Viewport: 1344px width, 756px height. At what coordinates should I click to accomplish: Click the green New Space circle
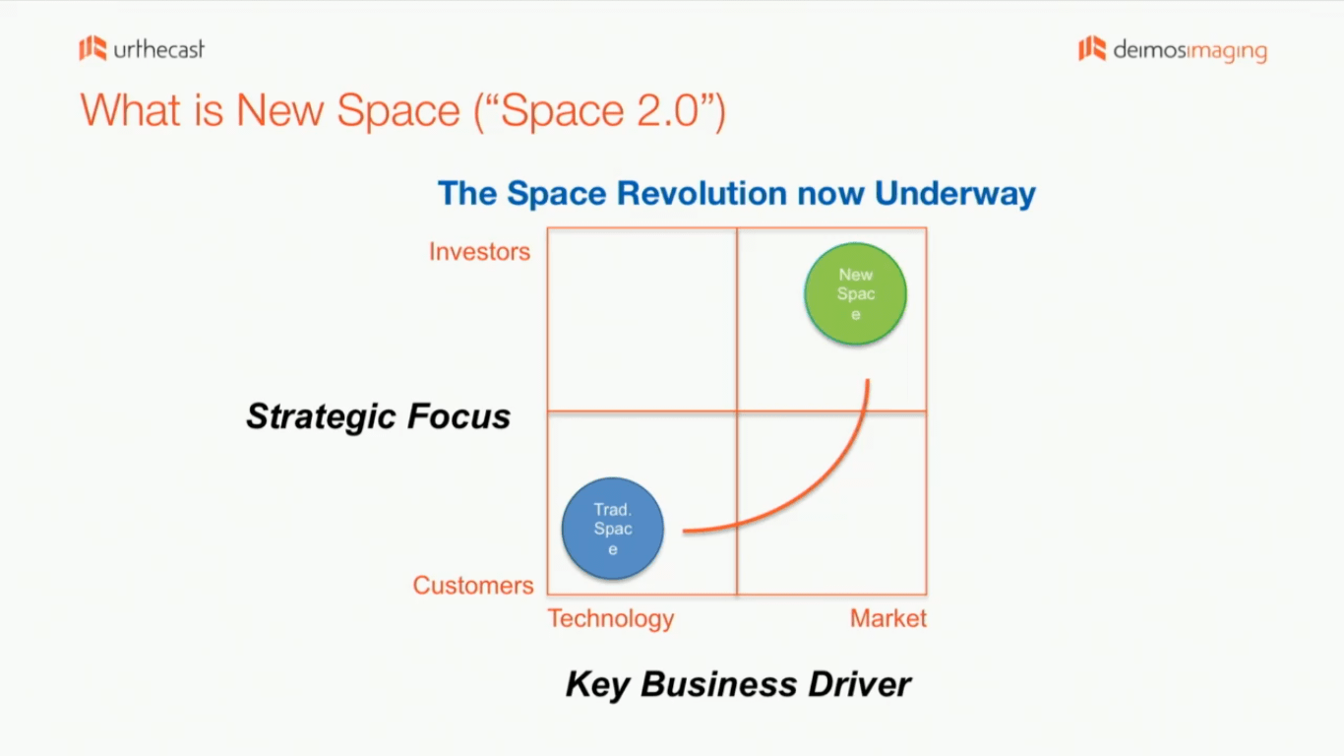pyautogui.click(x=856, y=293)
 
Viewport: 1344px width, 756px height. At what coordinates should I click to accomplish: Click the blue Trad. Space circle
pyautogui.click(x=613, y=529)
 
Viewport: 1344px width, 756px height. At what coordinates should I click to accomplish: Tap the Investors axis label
pyautogui.click(x=479, y=252)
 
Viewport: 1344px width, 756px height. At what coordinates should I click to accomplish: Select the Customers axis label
pyautogui.click(x=473, y=585)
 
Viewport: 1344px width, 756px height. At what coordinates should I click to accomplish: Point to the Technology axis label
pyautogui.click(x=611, y=619)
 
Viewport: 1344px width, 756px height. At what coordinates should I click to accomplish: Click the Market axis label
pyautogui.click(x=888, y=618)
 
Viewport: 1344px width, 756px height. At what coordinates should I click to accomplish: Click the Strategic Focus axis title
pyautogui.click(x=378, y=416)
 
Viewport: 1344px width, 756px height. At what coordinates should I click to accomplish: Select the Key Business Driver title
pyautogui.click(x=738, y=684)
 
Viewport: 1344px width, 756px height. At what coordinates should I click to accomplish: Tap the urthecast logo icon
pyautogui.click(x=93, y=48)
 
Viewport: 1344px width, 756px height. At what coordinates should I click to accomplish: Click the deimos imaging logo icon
pyautogui.click(x=1092, y=48)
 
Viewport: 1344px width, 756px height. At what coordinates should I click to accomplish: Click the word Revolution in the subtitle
pyautogui.click(x=702, y=193)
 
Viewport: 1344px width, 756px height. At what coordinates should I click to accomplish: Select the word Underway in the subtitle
pyautogui.click(x=955, y=194)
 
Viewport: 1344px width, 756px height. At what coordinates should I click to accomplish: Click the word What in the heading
pyautogui.click(x=130, y=110)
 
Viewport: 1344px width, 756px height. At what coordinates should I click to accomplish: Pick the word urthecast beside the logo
pyautogui.click(x=159, y=49)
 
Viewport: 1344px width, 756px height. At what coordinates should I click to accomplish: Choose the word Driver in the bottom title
pyautogui.click(x=859, y=684)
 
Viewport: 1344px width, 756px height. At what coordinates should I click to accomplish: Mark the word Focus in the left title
pyautogui.click(x=458, y=416)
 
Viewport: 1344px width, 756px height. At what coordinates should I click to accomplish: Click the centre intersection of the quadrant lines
pyautogui.click(x=737, y=411)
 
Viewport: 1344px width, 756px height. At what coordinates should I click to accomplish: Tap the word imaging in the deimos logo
pyautogui.click(x=1227, y=51)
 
